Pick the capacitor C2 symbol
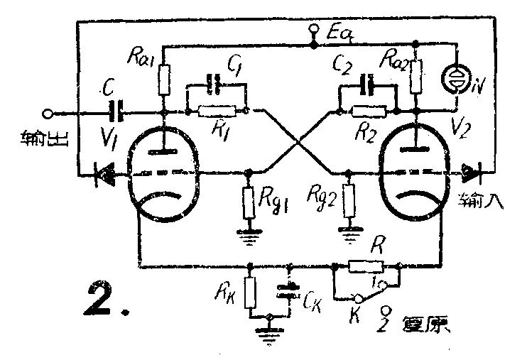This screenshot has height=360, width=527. point(368,85)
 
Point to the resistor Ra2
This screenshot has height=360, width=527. point(416,75)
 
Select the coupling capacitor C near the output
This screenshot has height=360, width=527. point(116,111)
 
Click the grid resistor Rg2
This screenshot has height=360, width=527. point(348,201)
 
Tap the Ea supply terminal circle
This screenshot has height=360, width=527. point(313,31)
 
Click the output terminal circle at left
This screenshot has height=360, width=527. point(48,112)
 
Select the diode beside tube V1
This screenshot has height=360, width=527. point(107,173)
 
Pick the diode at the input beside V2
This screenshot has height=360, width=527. point(471,171)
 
